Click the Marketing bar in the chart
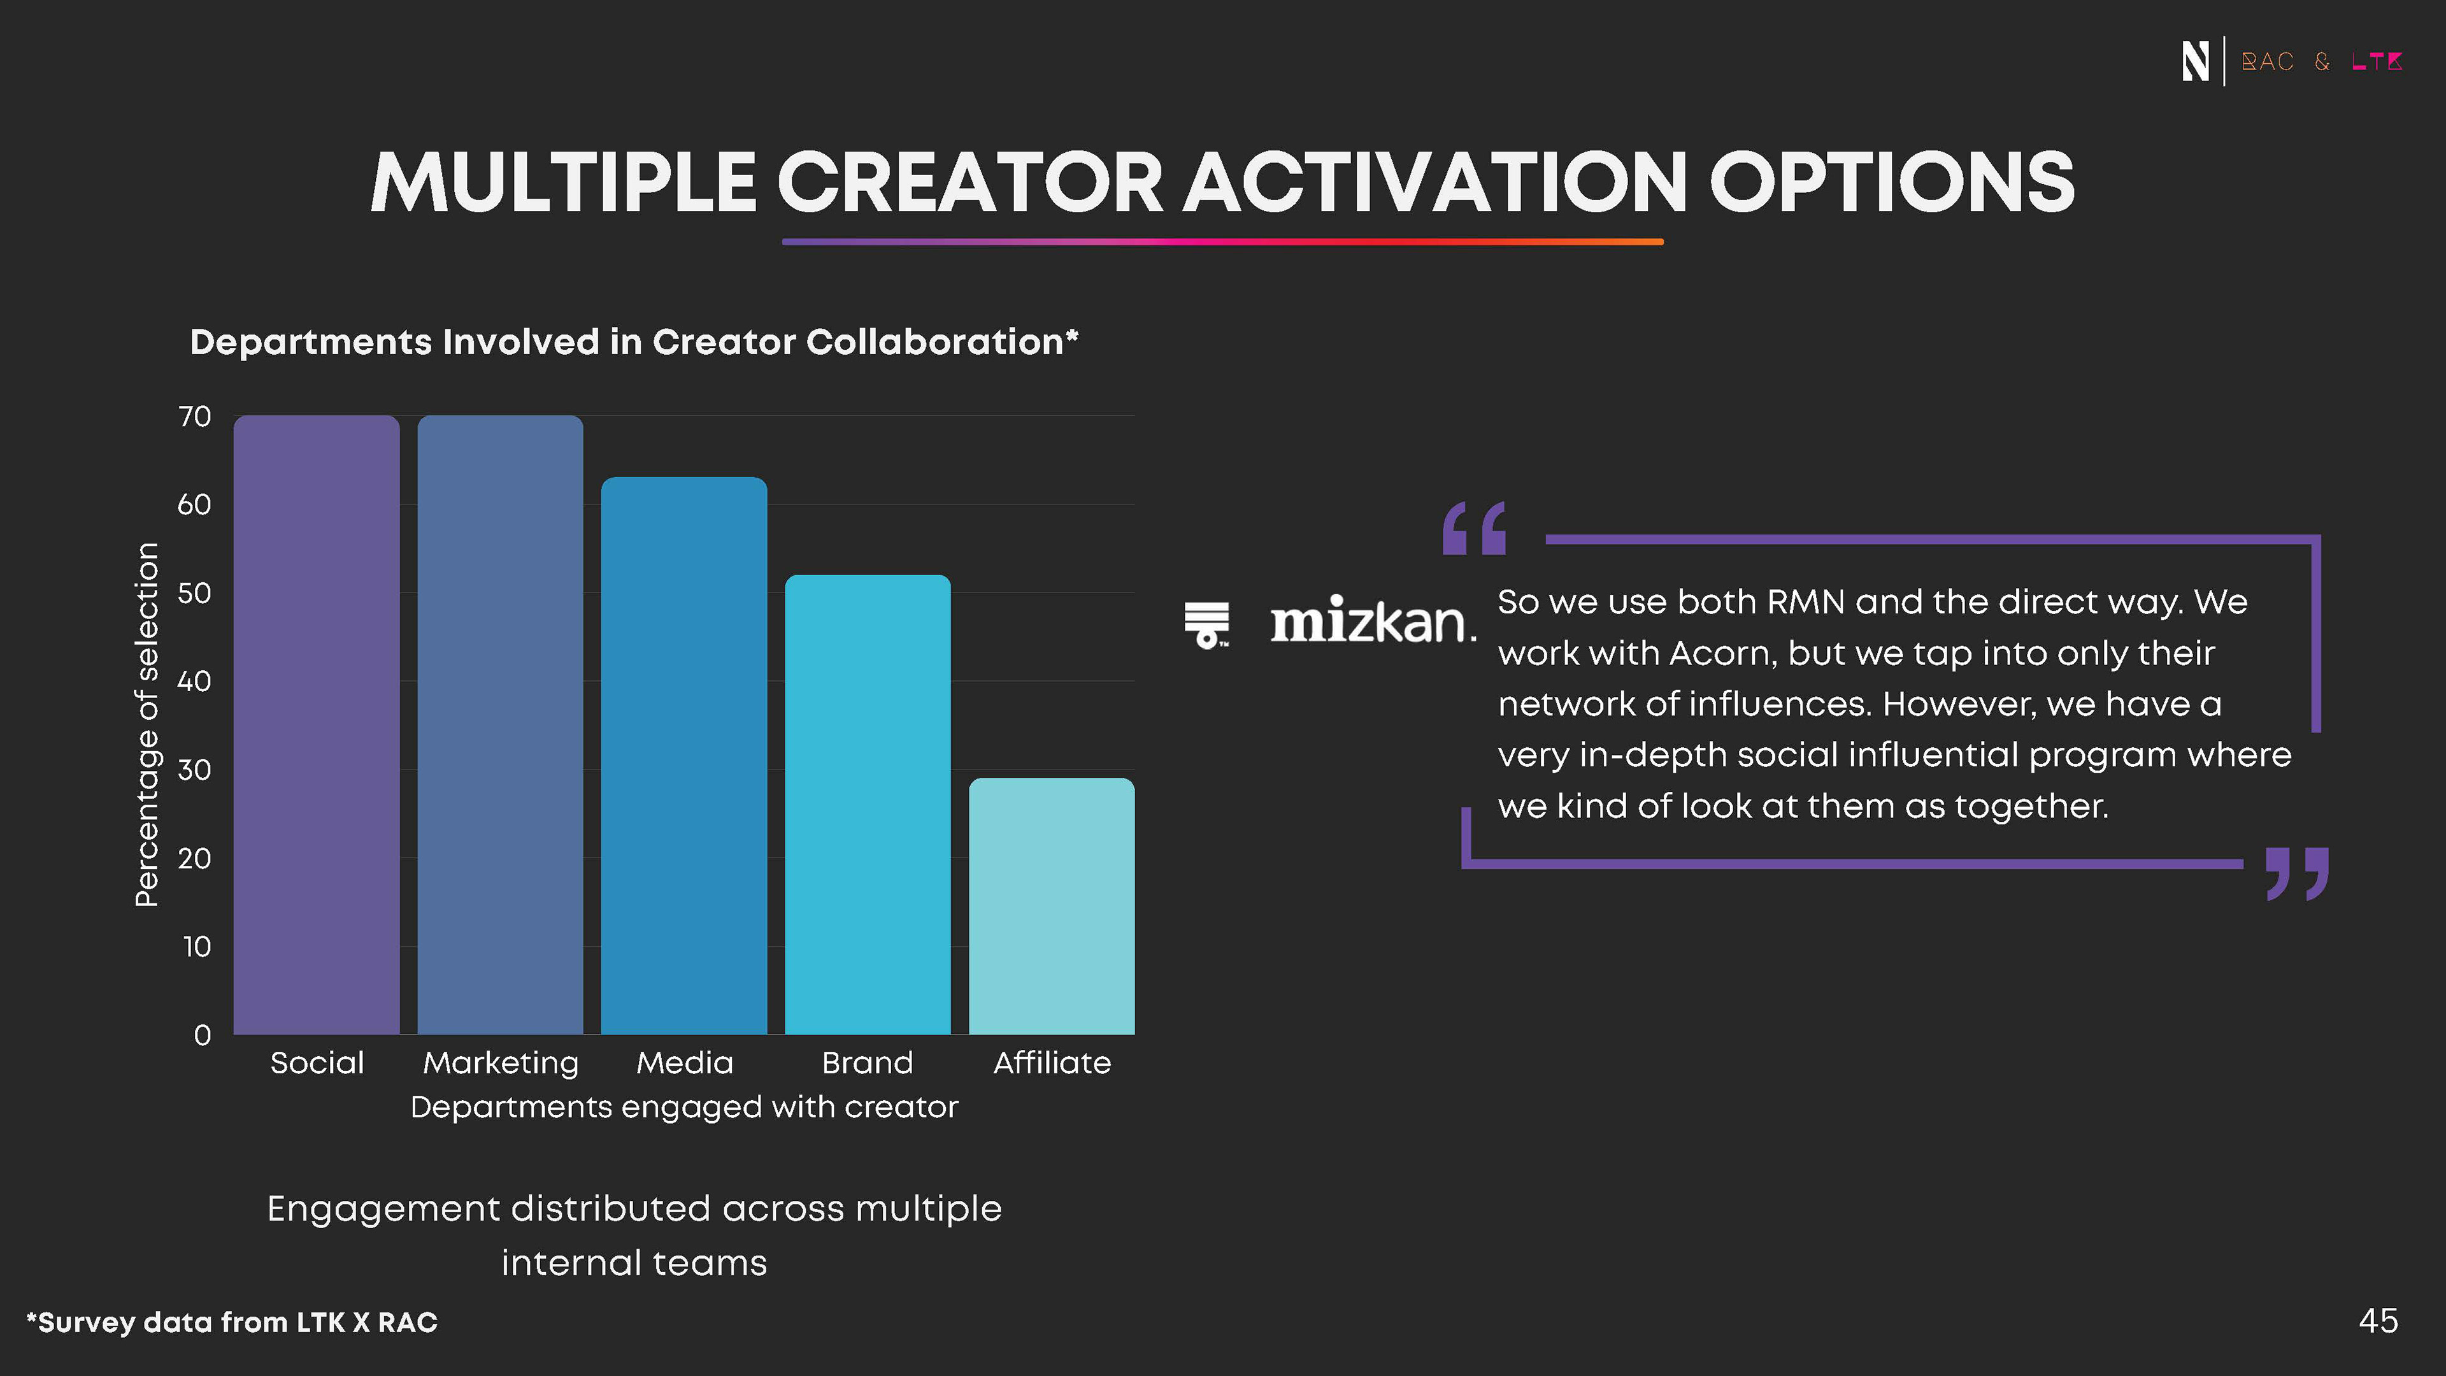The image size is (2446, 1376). [x=501, y=724]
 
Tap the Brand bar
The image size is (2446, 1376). [x=868, y=805]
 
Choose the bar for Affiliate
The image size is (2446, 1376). [x=1052, y=906]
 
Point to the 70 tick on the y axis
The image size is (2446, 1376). [x=195, y=416]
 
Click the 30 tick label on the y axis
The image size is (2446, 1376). [x=195, y=769]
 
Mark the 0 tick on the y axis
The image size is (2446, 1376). [x=203, y=1035]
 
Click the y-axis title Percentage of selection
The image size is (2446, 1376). [x=147, y=724]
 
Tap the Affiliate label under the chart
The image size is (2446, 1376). [x=1052, y=1063]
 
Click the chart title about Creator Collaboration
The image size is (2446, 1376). [x=634, y=342]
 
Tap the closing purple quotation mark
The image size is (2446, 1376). [x=2297, y=873]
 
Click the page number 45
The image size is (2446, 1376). [x=2378, y=1321]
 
